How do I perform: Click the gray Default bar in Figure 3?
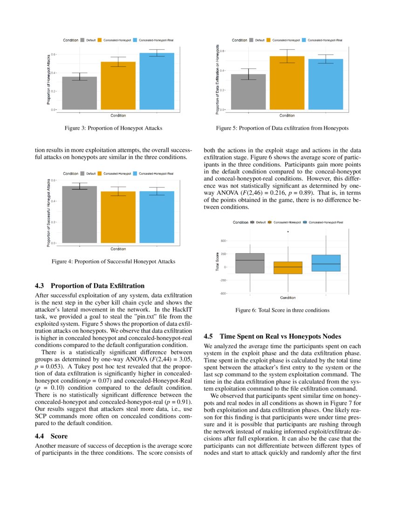[79, 93]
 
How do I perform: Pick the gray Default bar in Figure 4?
[79, 215]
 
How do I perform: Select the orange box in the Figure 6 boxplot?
[287, 268]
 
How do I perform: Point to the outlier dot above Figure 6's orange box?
[288, 231]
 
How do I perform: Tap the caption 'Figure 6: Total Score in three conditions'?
[282, 310]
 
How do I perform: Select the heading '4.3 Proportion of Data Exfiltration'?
[90, 286]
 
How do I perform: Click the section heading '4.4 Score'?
[52, 436]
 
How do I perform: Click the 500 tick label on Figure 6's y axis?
[223, 241]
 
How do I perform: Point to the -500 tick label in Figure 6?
[223, 293]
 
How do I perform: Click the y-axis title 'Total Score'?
[217, 262]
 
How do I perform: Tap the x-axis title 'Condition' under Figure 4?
[118, 249]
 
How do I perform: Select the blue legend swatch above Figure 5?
[305, 40]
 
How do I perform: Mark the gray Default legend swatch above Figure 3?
[82, 40]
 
